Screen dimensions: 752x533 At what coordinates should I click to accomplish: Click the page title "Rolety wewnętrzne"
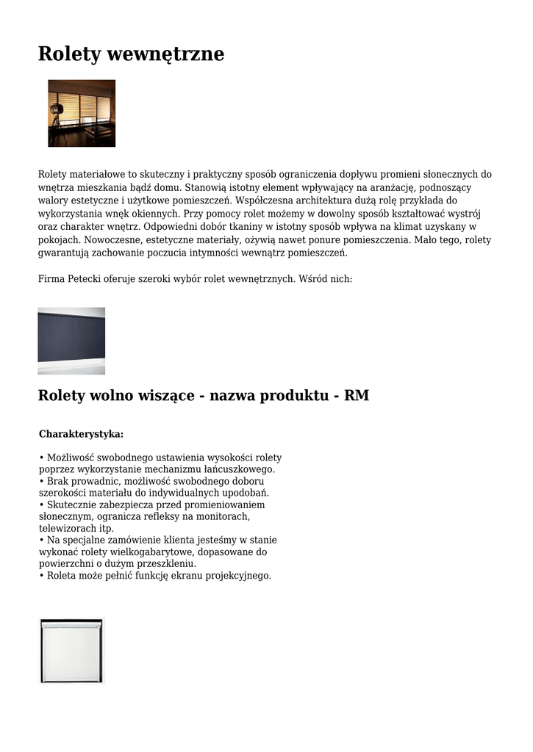pos(131,54)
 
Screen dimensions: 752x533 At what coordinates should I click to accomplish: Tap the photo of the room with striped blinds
pos(82,113)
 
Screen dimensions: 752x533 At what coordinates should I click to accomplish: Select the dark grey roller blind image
pos(71,340)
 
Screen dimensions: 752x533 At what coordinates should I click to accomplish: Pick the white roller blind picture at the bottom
pos(71,651)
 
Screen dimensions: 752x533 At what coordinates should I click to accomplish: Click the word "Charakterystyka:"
pos(81,434)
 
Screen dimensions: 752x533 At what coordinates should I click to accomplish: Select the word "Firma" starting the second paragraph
pos(51,279)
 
